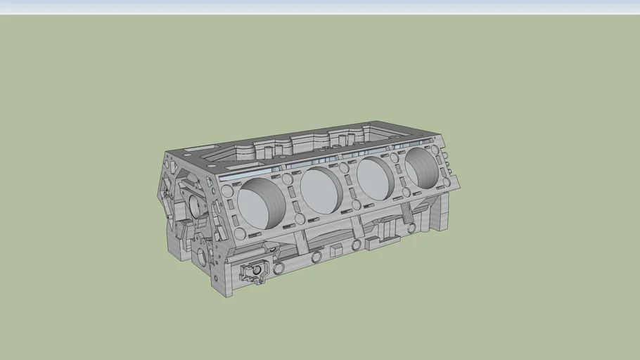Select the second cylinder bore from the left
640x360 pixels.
click(x=321, y=191)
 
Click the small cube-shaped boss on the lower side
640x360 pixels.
click(x=336, y=250)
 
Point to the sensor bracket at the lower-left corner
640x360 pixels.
click(x=252, y=271)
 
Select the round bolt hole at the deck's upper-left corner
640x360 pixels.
click(x=227, y=191)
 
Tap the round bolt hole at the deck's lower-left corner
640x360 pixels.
click(x=240, y=233)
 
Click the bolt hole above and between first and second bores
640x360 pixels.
click(x=288, y=179)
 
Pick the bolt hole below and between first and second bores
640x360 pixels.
click(x=300, y=219)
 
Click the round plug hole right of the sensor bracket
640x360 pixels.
click(x=279, y=268)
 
